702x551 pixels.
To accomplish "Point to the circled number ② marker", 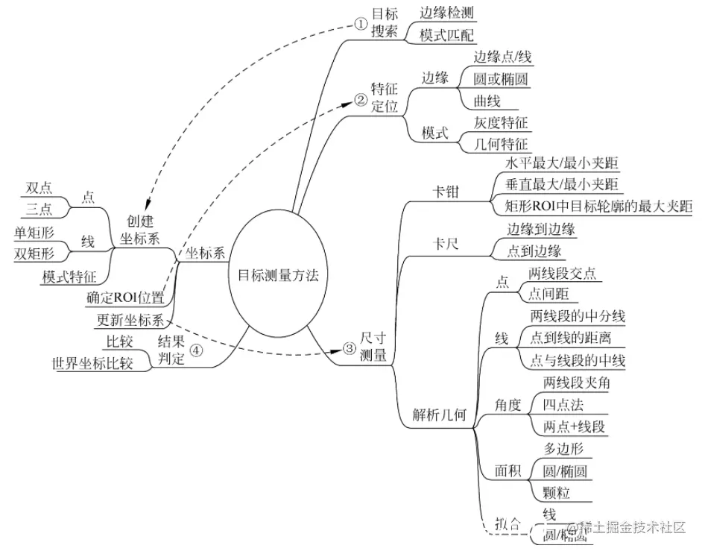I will point(360,98).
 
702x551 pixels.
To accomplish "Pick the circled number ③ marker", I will point(349,348).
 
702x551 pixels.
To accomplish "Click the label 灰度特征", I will point(501,122).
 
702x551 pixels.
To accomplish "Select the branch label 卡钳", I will point(446,191).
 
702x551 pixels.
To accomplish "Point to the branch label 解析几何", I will point(440,415).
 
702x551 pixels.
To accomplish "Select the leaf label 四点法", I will point(563,404).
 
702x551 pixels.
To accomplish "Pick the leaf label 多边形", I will point(563,448).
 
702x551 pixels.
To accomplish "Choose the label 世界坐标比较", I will point(92,364).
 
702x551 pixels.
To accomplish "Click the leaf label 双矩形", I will point(34,254).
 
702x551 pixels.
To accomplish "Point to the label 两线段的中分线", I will point(578,316).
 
